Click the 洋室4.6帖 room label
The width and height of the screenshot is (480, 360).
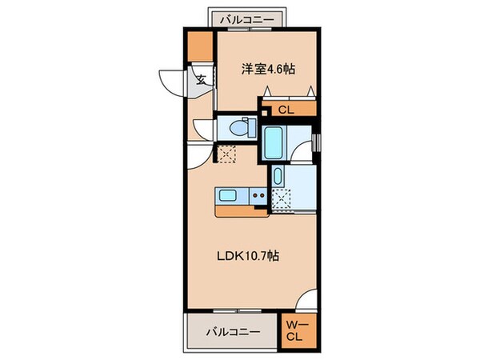point(268,70)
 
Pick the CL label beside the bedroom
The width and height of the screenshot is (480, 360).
point(286,110)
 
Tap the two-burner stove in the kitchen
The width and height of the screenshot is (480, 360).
point(258,196)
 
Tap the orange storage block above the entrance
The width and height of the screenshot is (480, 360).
point(199,50)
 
